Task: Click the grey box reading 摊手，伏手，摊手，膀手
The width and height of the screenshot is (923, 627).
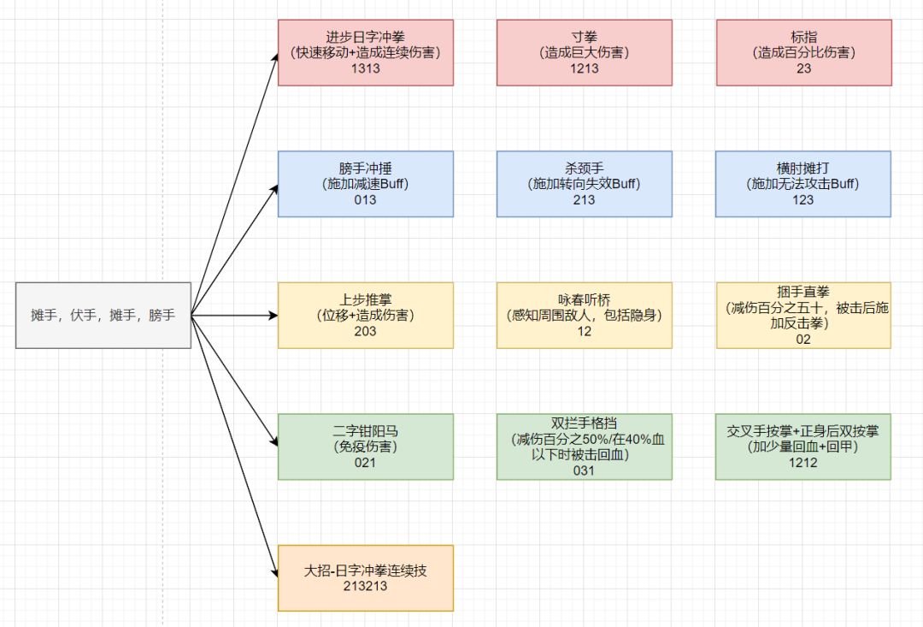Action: [103, 315]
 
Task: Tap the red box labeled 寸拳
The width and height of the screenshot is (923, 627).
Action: [585, 52]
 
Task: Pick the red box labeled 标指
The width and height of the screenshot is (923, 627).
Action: [803, 52]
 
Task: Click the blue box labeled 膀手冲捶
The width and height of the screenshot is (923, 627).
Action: [365, 183]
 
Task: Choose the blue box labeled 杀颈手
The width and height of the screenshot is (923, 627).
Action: [585, 183]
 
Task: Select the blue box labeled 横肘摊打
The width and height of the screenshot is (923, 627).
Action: [803, 183]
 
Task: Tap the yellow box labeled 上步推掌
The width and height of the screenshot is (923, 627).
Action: [365, 315]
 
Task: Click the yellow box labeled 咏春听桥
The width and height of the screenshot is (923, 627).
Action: [585, 315]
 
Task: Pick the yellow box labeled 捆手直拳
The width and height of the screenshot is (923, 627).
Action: [803, 315]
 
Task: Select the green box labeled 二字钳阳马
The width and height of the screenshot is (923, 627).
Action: [365, 446]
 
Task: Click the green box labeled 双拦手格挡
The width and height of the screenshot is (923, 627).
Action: [585, 446]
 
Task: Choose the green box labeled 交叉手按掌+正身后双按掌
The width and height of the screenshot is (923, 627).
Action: [803, 446]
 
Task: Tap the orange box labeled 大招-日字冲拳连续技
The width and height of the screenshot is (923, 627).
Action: [365, 577]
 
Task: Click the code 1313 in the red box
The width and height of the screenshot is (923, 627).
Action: [365, 69]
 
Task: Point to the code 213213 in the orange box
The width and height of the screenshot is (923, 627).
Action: [365, 586]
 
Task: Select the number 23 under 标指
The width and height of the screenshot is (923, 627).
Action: [803, 69]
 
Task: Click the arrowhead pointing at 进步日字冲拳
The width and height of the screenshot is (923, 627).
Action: [274, 57]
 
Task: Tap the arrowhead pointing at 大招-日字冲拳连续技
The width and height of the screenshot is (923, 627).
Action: [274, 572]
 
